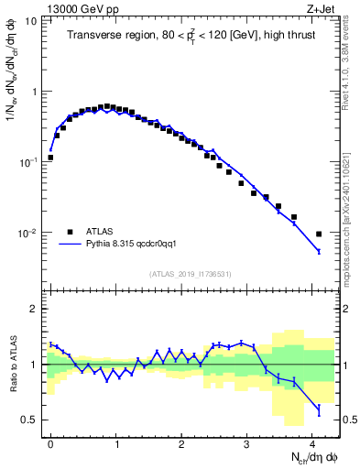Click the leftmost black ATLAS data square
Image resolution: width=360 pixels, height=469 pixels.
click(x=50, y=158)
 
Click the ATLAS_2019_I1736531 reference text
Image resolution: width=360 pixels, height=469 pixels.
click(x=191, y=274)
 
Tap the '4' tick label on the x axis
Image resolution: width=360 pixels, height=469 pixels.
click(x=311, y=442)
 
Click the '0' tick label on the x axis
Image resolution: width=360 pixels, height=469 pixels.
click(x=50, y=442)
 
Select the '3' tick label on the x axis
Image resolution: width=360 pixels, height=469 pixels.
click(x=246, y=442)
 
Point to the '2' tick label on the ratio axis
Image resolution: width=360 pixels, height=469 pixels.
click(x=34, y=309)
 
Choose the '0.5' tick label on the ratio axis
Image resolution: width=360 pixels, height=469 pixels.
click(x=29, y=420)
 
